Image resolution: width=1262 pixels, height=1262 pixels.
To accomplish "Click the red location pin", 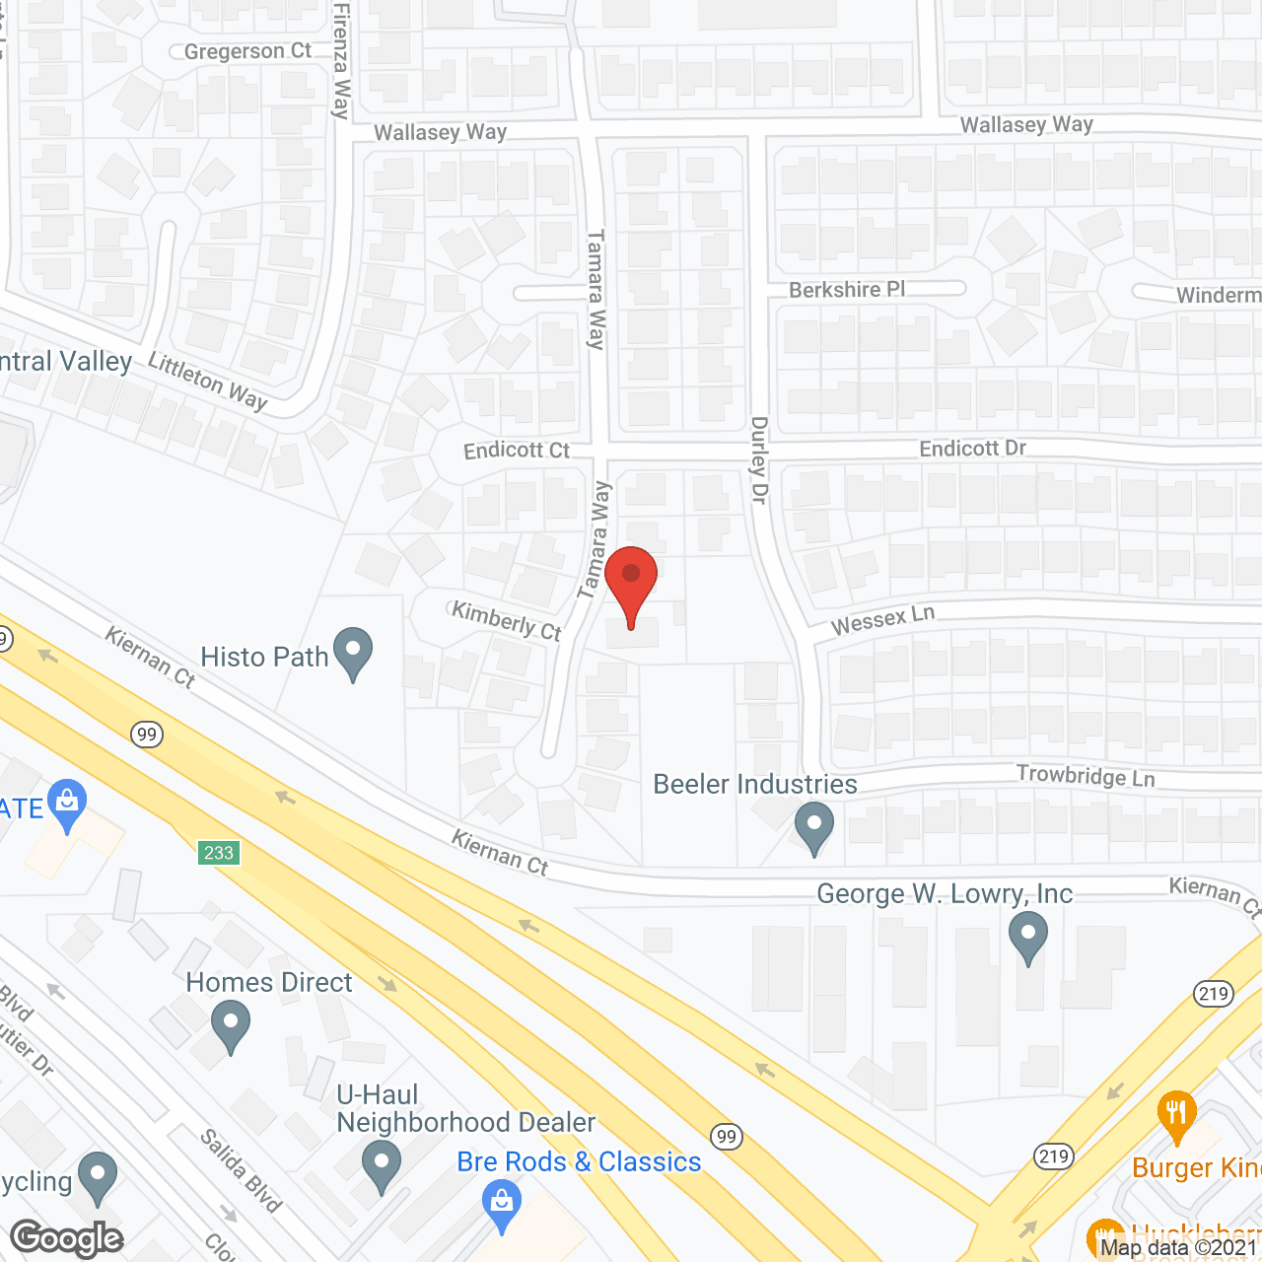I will point(631,582).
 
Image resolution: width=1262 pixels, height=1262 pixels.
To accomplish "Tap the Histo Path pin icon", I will point(352,653).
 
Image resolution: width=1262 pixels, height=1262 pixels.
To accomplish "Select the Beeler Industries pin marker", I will point(813,826).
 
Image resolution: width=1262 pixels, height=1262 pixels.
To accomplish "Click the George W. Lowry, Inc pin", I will point(1027,936).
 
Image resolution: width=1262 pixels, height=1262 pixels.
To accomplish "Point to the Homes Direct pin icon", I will point(231,1024).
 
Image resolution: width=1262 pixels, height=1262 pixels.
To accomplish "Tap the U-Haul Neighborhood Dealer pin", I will point(381,1165).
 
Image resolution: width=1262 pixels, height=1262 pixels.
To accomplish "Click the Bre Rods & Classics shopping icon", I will point(502,1206).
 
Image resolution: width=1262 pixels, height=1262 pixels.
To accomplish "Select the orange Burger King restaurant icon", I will point(1176,1114).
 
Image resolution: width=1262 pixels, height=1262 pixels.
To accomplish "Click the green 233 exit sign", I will point(218,853).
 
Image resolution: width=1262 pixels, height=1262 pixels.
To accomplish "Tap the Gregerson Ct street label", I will point(247,51).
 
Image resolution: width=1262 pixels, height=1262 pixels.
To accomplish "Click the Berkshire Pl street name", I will point(847,290).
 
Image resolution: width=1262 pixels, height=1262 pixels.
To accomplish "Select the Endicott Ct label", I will point(517,451).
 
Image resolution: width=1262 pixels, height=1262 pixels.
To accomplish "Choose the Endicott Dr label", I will point(972,449).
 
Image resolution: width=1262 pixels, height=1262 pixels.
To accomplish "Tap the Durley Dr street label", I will point(758,459).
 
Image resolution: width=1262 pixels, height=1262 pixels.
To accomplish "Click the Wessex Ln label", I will point(882,621).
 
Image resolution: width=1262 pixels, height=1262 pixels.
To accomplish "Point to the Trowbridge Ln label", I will point(1086,776).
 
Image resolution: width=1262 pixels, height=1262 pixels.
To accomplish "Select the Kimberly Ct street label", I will point(506,621).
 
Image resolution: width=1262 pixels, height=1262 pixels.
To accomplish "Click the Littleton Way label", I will point(208,381).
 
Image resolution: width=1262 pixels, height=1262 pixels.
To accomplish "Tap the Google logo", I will point(67,1238).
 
